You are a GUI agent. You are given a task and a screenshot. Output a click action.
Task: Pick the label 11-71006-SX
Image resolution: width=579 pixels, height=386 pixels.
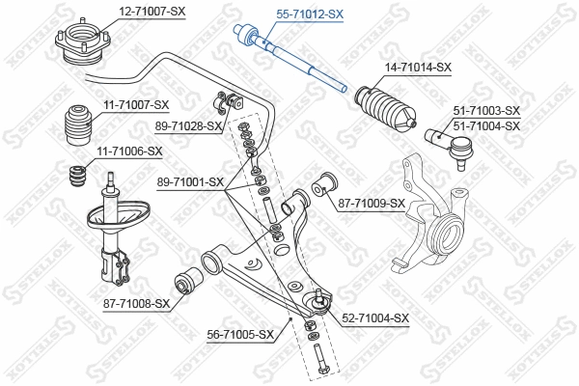[x=128, y=152]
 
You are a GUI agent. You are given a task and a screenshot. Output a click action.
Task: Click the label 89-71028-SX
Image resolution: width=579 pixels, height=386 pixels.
[x=188, y=126]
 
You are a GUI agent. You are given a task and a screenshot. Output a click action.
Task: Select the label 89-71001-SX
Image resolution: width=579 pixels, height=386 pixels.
[x=189, y=181]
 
